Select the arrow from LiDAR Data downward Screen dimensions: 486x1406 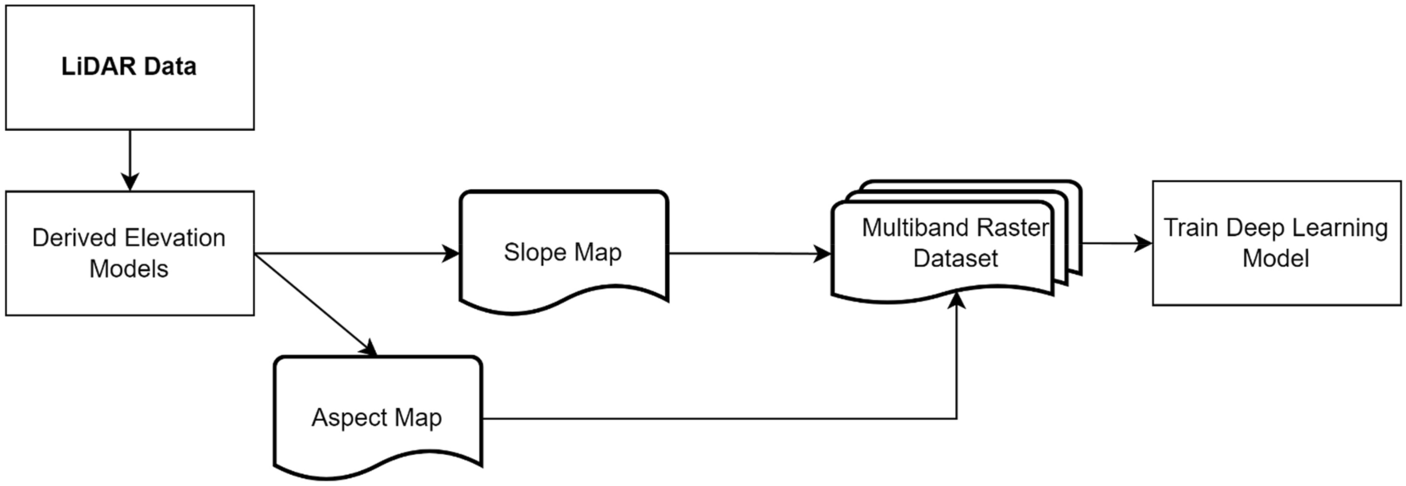tap(130, 159)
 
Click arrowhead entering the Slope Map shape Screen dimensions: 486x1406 tap(451, 253)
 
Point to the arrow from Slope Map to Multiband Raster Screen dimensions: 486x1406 tap(747, 253)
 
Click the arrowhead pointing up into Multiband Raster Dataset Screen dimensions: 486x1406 tap(956, 300)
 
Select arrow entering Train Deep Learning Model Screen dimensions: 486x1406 tap(1117, 243)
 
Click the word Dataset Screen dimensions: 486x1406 tap(955, 259)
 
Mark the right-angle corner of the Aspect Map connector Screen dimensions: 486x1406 tap(956, 418)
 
